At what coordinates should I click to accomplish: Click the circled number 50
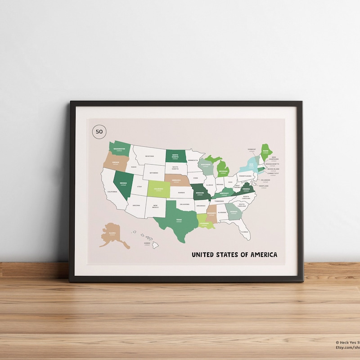pos(99,132)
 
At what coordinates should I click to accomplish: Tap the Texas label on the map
pos(179,220)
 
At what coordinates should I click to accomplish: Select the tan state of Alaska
pos(112,234)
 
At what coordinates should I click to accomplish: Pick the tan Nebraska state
pos(176,179)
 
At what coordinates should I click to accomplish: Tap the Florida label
pos(244,232)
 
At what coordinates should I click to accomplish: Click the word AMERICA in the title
pos(260,255)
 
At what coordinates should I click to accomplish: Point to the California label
pos(112,192)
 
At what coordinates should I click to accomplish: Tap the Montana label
pos(149,156)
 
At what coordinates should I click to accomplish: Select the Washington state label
pos(119,148)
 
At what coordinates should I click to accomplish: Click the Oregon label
pos(116,162)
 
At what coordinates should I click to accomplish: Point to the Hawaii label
pos(147,243)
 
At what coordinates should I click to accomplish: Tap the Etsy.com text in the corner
pos(347,347)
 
